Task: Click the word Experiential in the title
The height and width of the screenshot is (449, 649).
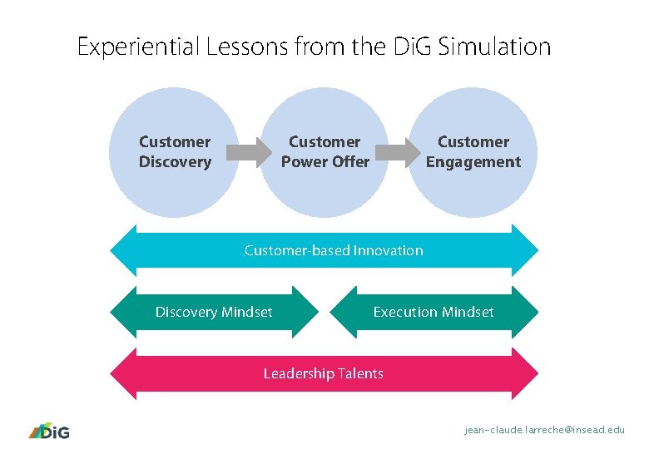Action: [x=136, y=47]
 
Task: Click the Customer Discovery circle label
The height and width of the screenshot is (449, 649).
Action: [x=175, y=152]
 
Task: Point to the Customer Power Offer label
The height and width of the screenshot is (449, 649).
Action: [x=324, y=152]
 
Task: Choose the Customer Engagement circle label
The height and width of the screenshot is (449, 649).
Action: [x=473, y=152]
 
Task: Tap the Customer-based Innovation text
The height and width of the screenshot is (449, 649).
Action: [x=333, y=250]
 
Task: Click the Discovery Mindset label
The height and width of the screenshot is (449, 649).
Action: [x=214, y=313]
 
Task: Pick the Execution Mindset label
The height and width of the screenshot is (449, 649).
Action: [x=433, y=313]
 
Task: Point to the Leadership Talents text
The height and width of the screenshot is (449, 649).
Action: [x=323, y=373]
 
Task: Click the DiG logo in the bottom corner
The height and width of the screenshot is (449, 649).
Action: [x=49, y=431]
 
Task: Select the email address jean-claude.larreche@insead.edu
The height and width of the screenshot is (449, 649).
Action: [x=544, y=430]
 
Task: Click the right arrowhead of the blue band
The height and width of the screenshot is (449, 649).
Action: [x=528, y=250]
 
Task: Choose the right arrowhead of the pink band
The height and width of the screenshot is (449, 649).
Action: [x=528, y=373]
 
